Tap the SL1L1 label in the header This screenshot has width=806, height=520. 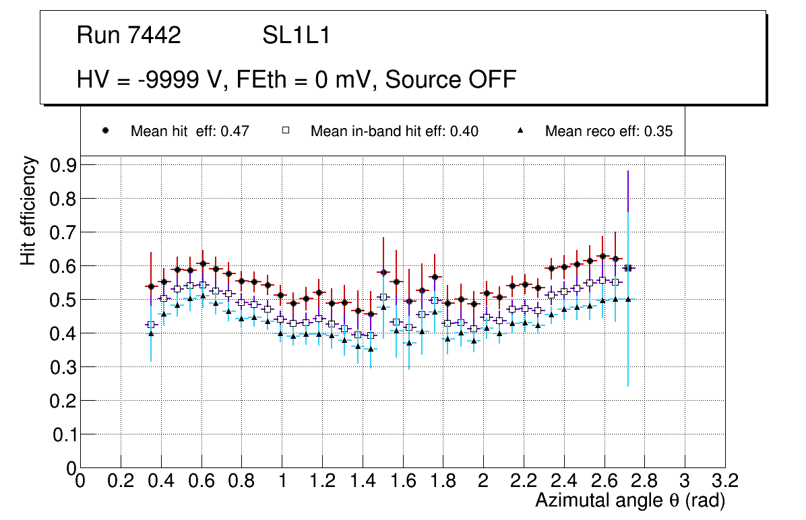pyautogui.click(x=296, y=36)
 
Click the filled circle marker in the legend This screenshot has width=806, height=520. pyautogui.click(x=105, y=131)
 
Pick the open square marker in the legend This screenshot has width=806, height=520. pyautogui.click(x=285, y=131)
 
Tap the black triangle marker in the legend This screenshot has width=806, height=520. pyautogui.click(x=520, y=131)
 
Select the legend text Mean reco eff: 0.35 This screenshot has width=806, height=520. pyautogui.click(x=609, y=131)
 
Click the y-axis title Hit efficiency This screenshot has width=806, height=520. pyautogui.click(x=28, y=210)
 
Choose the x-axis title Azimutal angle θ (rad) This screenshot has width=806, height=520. pyautogui.click(x=630, y=500)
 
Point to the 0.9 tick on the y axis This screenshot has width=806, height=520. pyautogui.click(x=63, y=165)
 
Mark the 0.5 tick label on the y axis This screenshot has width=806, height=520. pyautogui.click(x=63, y=300)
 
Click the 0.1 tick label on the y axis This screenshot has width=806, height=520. pyautogui.click(x=63, y=434)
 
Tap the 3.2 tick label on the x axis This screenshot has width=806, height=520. pyautogui.click(x=724, y=480)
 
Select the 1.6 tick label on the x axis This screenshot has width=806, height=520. pyautogui.click(x=402, y=480)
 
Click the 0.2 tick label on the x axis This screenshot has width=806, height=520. pyautogui.click(x=121, y=480)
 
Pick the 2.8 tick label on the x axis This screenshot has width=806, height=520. pyautogui.click(x=644, y=480)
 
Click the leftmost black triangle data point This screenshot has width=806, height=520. pyautogui.click(x=151, y=333)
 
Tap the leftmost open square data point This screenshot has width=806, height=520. pyautogui.click(x=151, y=325)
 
